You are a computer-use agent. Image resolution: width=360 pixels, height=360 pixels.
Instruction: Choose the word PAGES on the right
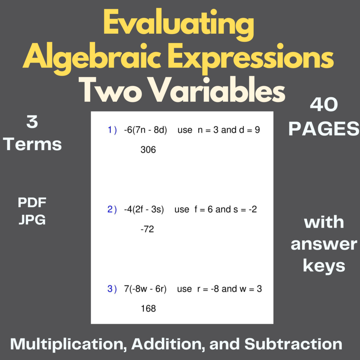(x=324, y=129)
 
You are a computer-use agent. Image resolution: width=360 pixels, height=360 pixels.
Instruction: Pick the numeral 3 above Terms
(x=32, y=123)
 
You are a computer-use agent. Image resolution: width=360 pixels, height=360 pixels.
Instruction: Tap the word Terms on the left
(x=34, y=144)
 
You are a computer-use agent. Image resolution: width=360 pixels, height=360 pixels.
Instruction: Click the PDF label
(x=32, y=202)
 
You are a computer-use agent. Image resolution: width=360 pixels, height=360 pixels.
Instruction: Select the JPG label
(x=32, y=220)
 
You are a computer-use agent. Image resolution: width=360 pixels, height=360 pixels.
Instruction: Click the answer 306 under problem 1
(x=148, y=150)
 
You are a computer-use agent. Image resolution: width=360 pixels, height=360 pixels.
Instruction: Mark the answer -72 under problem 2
(x=147, y=230)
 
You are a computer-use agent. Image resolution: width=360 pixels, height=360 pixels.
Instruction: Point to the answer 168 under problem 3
(x=148, y=309)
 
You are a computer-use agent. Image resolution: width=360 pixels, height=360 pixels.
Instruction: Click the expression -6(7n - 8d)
(x=145, y=130)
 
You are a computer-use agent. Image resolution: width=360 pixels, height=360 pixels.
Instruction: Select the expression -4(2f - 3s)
(x=144, y=210)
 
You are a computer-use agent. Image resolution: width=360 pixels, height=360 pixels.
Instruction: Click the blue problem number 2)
(x=112, y=210)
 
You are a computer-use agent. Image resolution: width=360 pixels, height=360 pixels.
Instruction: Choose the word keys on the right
(x=324, y=266)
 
